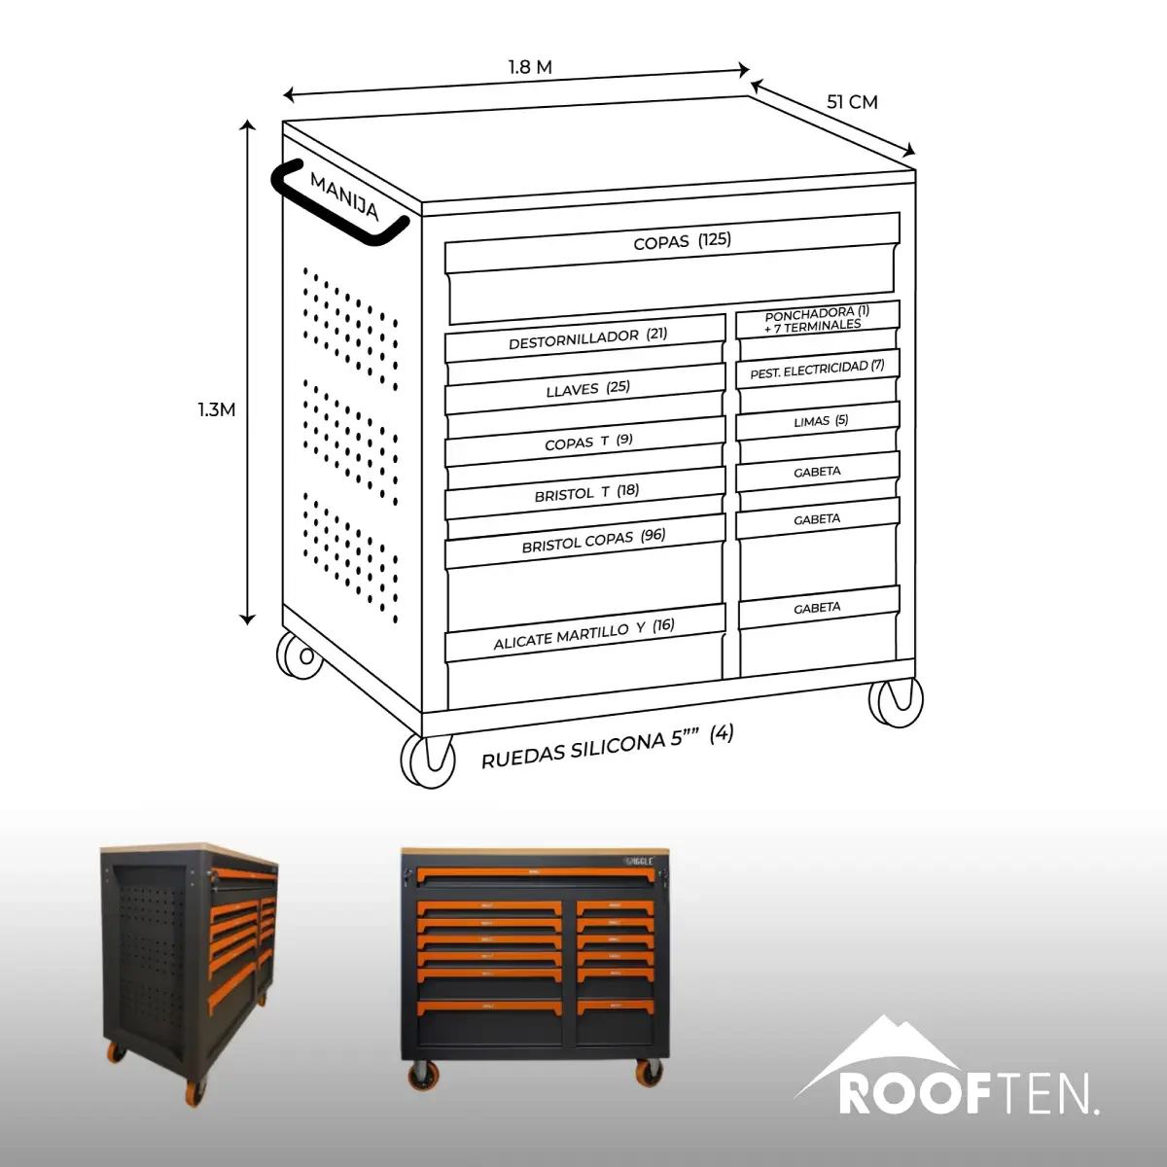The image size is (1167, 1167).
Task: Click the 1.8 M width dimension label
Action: (x=530, y=67)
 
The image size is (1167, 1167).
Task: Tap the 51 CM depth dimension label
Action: (x=852, y=102)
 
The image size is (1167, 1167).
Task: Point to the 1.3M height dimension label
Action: (x=217, y=410)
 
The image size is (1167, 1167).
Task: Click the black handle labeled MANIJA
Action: (x=339, y=203)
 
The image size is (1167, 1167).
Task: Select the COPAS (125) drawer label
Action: (x=683, y=241)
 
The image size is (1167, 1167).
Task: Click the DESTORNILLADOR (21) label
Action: (x=587, y=338)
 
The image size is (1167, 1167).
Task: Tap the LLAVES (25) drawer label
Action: (x=588, y=389)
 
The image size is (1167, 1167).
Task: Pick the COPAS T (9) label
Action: (x=588, y=442)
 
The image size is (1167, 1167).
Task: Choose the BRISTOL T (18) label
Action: (x=586, y=493)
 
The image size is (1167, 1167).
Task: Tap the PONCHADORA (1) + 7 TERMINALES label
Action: (x=816, y=319)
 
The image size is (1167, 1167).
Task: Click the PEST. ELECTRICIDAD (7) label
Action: (x=817, y=370)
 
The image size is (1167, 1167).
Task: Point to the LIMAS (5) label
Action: (x=821, y=421)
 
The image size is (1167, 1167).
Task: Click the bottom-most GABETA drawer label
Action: (x=817, y=608)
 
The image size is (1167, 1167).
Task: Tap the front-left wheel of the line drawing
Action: (x=428, y=760)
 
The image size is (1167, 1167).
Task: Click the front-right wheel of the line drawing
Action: (x=896, y=701)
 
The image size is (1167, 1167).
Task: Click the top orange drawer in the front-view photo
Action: (x=535, y=875)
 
